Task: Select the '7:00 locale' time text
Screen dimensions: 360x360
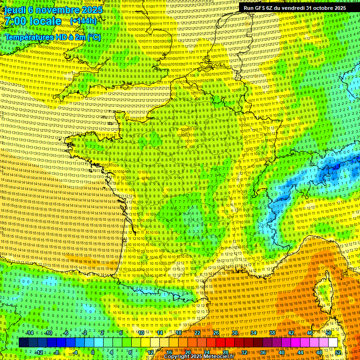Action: pos(33,21)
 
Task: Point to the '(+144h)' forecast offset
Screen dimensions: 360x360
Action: pos(83,21)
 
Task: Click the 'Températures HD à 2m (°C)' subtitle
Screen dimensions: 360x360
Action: pos(52,36)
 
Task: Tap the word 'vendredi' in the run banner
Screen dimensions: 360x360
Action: pos(293,8)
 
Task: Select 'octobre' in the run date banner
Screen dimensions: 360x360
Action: pos(322,8)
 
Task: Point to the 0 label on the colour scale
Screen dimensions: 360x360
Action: pos(93,352)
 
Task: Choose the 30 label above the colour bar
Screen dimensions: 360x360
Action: pos(235,333)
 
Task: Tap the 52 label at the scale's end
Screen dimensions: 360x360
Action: pos(338,352)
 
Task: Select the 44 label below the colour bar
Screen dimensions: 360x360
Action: pos(300,352)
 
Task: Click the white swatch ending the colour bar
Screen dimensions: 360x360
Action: pos(333,343)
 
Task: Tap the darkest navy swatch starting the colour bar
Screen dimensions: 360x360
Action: pos(23,343)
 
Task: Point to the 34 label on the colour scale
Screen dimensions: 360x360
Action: pos(254,333)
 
